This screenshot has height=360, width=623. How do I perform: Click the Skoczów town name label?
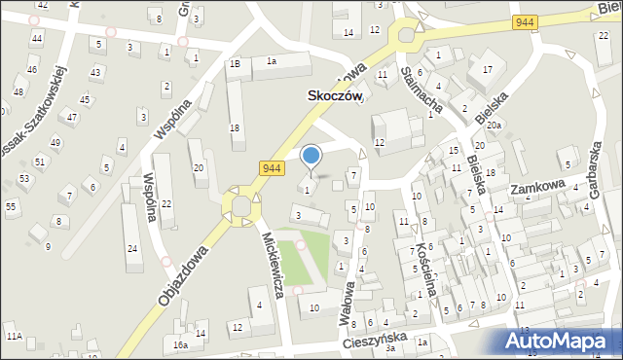coord(335,97)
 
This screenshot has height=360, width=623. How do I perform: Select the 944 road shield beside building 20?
coord(272,168)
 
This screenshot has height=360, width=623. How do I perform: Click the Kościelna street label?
coord(424,257)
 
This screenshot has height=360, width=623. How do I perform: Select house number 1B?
coord(234,63)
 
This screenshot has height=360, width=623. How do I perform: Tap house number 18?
coord(235,128)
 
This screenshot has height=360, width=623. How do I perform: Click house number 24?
coord(132,248)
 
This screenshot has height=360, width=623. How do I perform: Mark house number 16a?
coord(180,344)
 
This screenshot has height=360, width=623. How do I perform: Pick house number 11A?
coord(14,336)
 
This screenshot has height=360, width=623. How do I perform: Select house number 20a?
coord(494,126)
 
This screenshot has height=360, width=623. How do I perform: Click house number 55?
coord(11,206)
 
